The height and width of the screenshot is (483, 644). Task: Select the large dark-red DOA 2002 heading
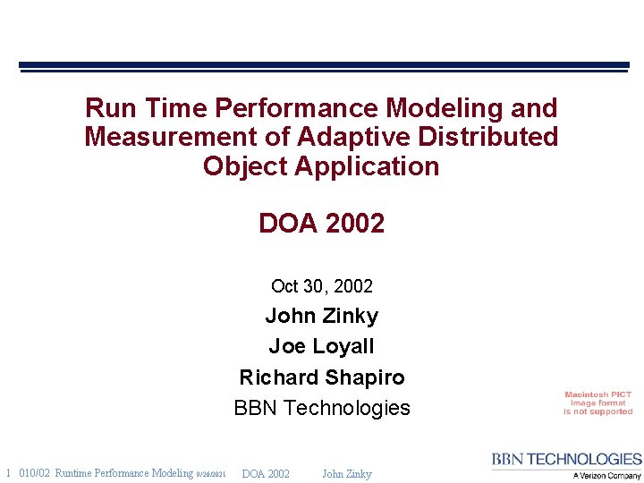point(321,224)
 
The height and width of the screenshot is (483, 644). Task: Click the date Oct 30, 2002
point(321,286)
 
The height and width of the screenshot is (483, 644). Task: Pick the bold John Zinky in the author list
point(321,316)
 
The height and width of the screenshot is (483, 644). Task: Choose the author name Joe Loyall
point(321,346)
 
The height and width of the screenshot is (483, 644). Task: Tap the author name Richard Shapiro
point(321,377)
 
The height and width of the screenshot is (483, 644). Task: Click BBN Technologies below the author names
point(321,408)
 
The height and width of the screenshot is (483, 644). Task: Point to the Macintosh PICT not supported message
point(597,402)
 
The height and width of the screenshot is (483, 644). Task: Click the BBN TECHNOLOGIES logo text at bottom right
point(566,460)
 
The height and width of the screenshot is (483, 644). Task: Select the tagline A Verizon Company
point(606,476)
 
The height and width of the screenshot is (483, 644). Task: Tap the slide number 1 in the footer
point(8,473)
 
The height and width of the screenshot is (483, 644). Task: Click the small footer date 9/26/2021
point(211,474)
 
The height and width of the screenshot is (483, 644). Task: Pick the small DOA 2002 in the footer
point(266,473)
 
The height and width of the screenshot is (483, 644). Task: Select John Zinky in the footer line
point(346,473)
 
